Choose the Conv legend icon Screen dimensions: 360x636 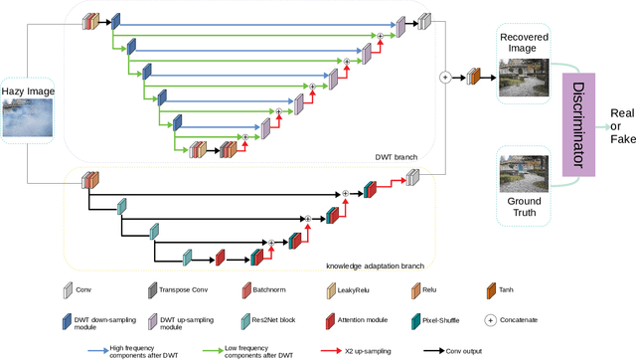(x=69, y=289)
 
